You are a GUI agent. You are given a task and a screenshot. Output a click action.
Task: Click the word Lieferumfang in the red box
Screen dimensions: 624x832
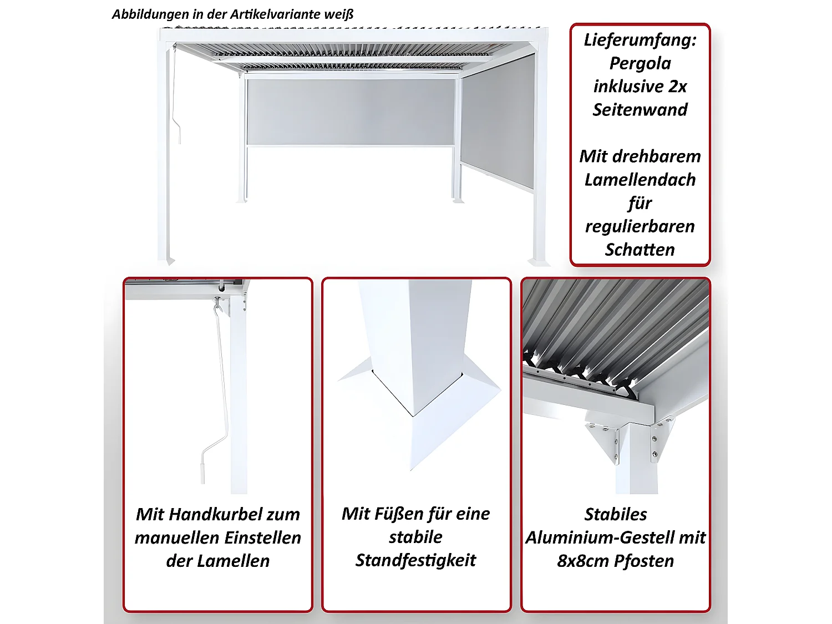pos(640,40)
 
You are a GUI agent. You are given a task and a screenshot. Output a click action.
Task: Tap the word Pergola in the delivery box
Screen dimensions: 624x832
pos(640,64)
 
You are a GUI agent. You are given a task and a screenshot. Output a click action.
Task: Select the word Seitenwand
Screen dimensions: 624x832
pos(640,110)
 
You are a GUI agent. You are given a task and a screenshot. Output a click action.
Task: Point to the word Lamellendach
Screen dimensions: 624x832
pos(640,180)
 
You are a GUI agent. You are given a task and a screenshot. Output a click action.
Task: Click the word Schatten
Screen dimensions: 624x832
pos(640,250)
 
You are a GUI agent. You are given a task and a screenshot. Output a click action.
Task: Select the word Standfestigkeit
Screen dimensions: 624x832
pos(415,560)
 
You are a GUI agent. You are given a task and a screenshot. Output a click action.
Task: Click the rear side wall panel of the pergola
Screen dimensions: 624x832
pos(351,111)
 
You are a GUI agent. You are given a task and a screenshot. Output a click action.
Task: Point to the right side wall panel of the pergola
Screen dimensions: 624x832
pos(498,122)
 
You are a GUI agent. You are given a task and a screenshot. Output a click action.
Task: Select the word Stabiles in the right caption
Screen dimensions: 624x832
pos(615,514)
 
